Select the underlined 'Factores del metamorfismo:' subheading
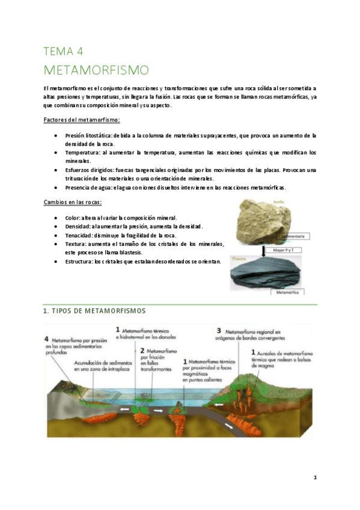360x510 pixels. tap(82, 120)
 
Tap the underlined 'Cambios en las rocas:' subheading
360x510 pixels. tap(73, 201)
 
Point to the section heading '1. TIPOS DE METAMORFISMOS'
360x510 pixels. tap(94, 311)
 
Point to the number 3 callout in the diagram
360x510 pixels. tap(219, 331)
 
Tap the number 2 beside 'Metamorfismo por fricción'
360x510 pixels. tap(142, 350)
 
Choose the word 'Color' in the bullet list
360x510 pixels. tap(73, 217)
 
